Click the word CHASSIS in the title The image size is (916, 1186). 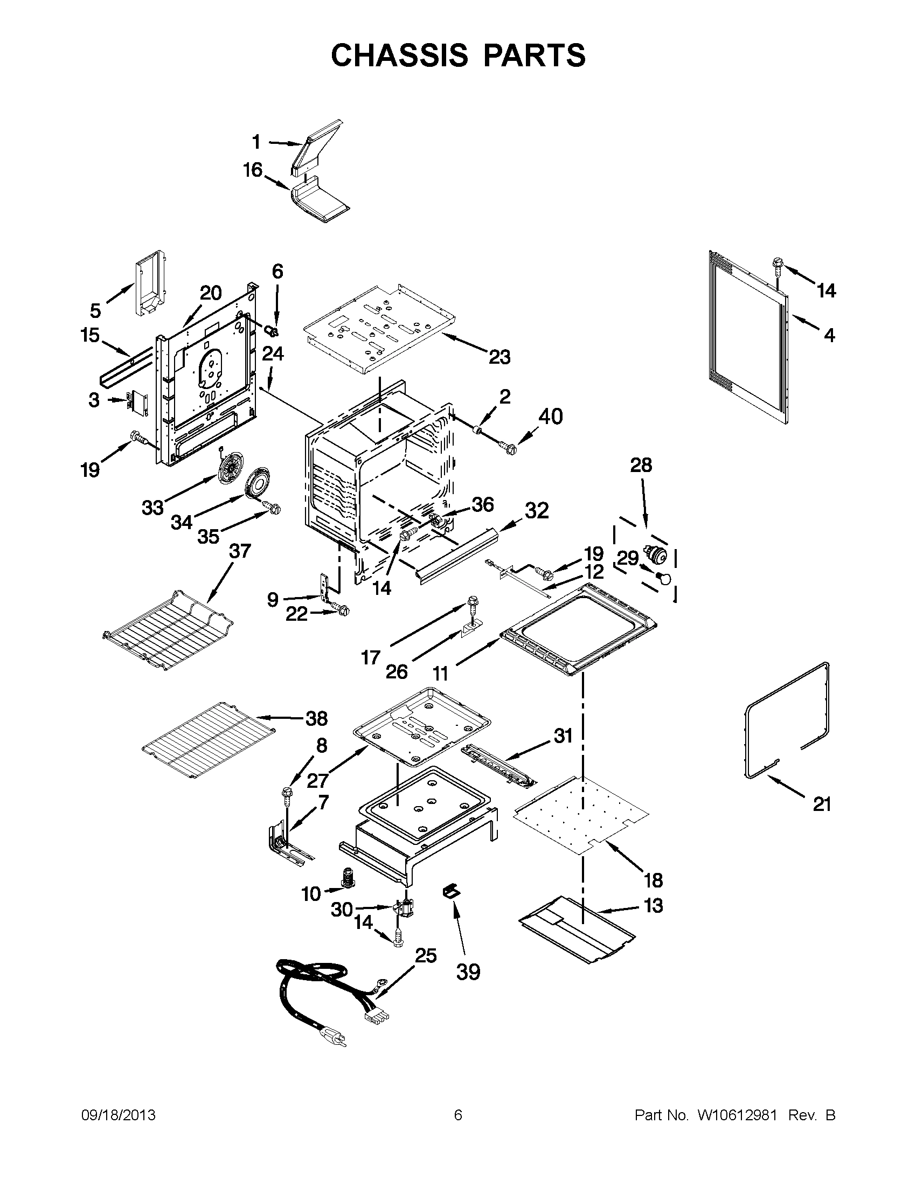399,56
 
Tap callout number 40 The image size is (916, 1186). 550,417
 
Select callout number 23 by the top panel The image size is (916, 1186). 499,357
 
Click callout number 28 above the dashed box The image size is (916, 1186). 641,465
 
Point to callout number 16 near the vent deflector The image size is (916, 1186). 253,170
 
